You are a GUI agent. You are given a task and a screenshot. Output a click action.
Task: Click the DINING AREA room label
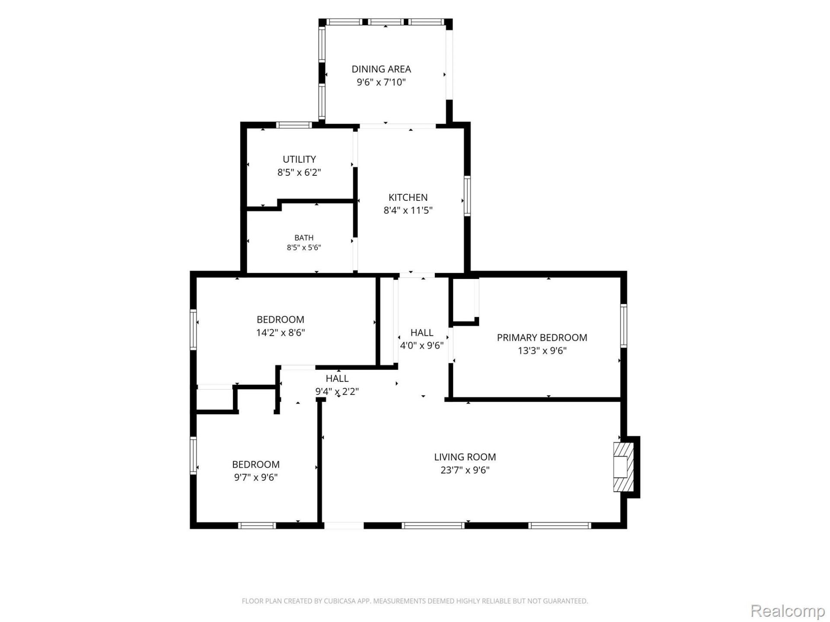tap(381, 69)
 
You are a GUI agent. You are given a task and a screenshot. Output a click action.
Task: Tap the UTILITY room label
tap(299, 159)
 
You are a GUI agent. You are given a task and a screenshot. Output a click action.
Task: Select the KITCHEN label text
tap(408, 197)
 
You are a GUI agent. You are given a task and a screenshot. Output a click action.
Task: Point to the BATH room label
tap(304, 238)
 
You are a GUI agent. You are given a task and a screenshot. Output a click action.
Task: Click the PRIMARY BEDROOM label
tap(542, 338)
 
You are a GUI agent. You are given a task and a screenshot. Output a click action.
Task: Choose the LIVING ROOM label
tap(465, 457)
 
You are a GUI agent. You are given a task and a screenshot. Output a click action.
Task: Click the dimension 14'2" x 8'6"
tap(281, 333)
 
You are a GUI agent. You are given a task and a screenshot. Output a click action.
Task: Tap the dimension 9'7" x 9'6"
tap(256, 477)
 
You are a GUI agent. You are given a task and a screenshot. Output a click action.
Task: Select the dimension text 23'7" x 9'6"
tap(465, 470)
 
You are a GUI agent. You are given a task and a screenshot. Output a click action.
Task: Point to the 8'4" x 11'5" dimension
tap(408, 210)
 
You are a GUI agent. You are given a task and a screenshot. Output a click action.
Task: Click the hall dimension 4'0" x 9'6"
tap(421, 346)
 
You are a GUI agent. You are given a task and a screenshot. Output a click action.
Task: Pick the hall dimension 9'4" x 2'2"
tap(337, 392)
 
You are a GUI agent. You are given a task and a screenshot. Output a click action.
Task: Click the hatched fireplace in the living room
tap(623, 466)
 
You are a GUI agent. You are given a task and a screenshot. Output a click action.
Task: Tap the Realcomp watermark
tap(788, 611)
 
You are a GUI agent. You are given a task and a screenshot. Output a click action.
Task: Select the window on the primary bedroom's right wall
tap(623, 326)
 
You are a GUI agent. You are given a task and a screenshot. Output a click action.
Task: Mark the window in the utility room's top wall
tap(294, 125)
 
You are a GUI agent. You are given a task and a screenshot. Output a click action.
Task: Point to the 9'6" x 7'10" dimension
tap(381, 82)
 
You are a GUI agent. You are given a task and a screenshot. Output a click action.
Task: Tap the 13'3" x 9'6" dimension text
tap(542, 351)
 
